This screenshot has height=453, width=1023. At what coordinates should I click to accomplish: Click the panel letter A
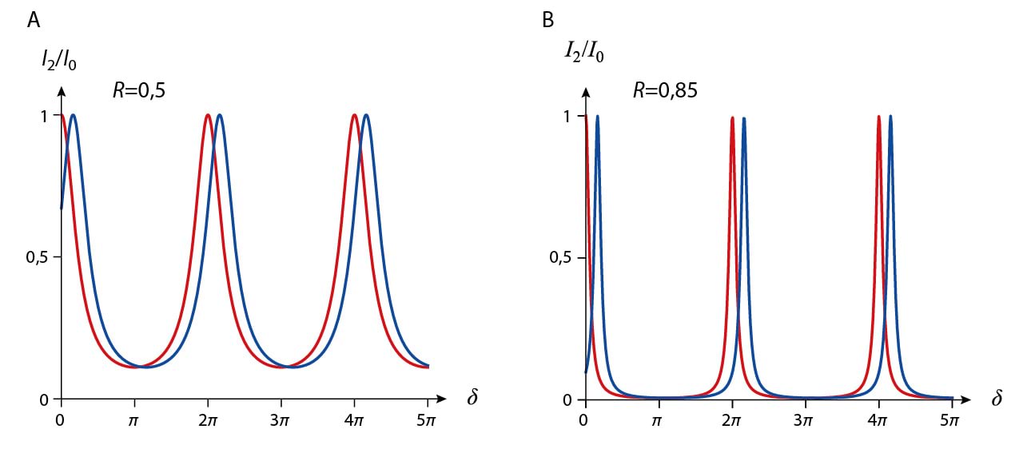34,21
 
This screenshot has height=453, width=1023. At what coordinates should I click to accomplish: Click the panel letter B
548,21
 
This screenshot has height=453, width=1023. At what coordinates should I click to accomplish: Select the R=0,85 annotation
665,89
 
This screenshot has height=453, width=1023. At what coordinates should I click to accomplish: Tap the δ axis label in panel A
472,398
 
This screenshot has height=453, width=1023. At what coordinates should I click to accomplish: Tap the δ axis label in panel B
997,398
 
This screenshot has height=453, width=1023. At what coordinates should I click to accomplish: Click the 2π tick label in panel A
208,417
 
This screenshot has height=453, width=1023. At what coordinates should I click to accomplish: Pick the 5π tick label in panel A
427,417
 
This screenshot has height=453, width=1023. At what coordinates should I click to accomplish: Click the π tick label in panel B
659,417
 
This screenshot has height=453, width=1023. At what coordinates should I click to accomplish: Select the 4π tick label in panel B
878,417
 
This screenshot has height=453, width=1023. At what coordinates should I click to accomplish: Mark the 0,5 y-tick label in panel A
38,257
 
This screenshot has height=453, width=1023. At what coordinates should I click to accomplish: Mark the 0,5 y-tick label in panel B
563,257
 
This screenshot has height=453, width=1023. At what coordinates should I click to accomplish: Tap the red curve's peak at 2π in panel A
208,115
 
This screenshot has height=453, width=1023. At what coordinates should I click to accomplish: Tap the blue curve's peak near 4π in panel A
366,115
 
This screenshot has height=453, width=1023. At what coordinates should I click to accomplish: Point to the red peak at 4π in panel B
879,117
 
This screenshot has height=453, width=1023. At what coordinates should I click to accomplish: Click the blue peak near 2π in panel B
744,118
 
